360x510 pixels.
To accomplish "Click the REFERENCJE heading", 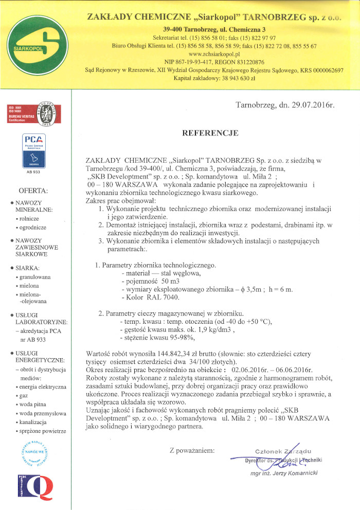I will [210, 133].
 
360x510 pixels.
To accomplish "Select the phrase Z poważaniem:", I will [192, 451].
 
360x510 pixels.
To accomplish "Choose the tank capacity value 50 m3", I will [160, 282].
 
